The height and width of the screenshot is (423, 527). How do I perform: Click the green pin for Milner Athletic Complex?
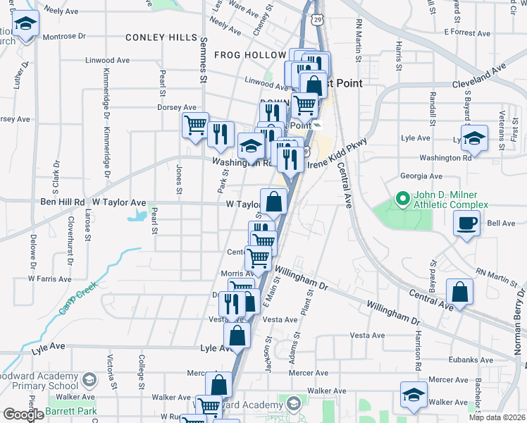click(402, 200)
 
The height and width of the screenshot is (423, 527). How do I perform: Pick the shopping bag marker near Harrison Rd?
click(459, 292)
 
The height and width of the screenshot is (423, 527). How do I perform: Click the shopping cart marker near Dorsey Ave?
click(195, 125)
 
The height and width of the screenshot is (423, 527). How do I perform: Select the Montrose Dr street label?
click(63, 36)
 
